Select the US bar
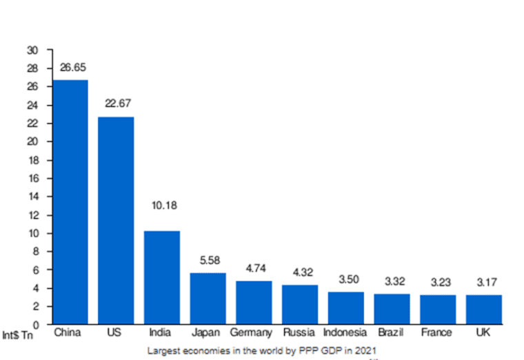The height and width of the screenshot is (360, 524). pyautogui.click(x=116, y=221)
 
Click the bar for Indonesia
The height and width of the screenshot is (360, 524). pyautogui.click(x=346, y=308)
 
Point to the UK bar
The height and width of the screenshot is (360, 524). pyautogui.click(x=484, y=310)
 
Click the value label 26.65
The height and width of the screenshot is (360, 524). pyautogui.click(x=72, y=68)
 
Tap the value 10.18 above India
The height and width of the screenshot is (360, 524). pyautogui.click(x=163, y=205)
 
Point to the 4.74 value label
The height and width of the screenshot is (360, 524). pyautogui.click(x=254, y=268)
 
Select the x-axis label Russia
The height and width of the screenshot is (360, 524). pyautogui.click(x=300, y=333)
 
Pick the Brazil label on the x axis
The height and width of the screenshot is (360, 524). pyautogui.click(x=392, y=333)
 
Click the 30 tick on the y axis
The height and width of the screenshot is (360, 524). pyautogui.click(x=32, y=50)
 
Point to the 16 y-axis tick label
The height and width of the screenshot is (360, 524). pyautogui.click(x=32, y=178)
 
